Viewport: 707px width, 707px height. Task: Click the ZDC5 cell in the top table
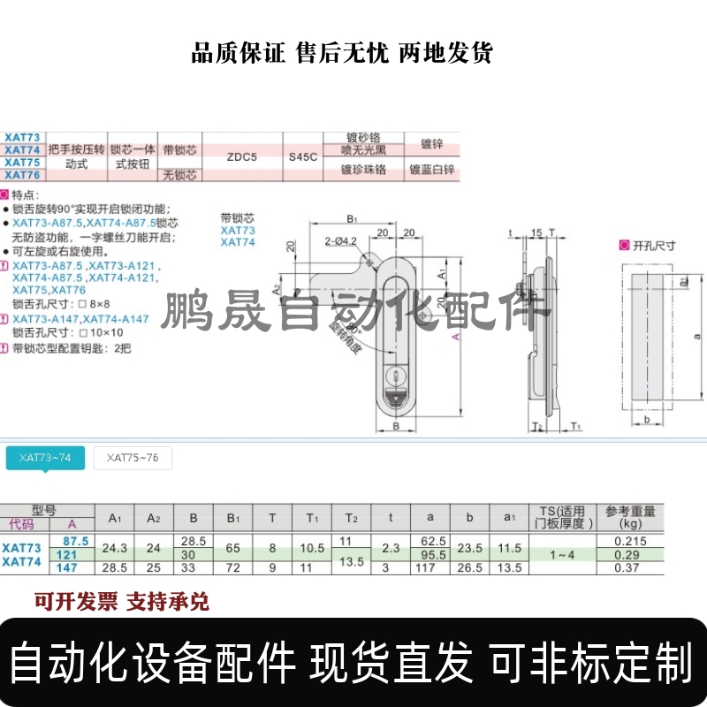pyautogui.click(x=241, y=156)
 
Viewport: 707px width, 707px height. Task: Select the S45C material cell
pyautogui.click(x=303, y=156)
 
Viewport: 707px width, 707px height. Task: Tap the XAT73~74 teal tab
pyautogui.click(x=45, y=458)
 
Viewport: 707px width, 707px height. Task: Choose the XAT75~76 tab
pyautogui.click(x=133, y=458)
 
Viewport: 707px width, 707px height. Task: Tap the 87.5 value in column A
pyautogui.click(x=72, y=541)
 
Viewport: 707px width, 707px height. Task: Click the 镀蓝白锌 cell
pyautogui.click(x=431, y=169)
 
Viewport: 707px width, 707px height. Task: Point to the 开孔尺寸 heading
pyautogui.click(x=654, y=246)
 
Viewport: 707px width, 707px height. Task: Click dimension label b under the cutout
pyautogui.click(x=648, y=419)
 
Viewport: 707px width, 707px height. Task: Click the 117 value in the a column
pyautogui.click(x=430, y=566)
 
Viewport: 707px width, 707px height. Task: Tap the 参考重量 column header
pyautogui.click(x=630, y=515)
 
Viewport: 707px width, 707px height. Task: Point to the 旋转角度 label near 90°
pyautogui.click(x=345, y=336)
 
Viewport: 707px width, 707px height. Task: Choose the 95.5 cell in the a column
pyautogui.click(x=430, y=554)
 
